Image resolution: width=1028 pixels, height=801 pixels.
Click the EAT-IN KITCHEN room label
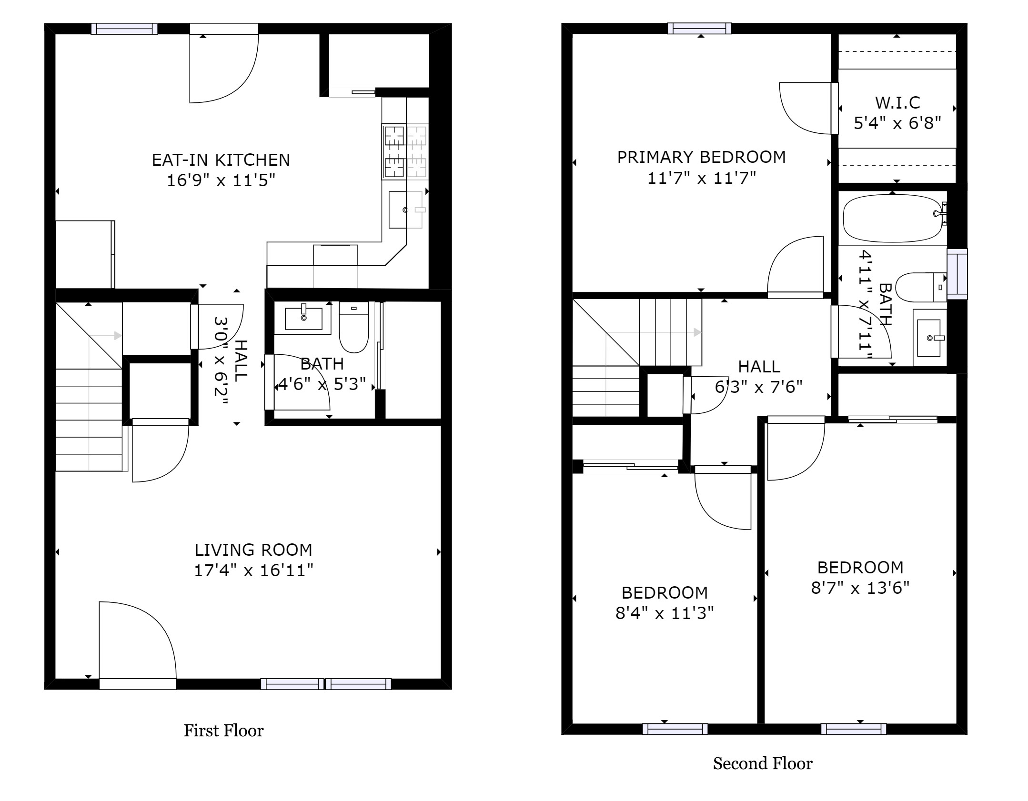(221, 160)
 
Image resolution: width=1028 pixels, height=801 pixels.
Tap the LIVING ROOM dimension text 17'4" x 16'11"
(253, 570)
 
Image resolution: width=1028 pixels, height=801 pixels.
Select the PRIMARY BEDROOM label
(701, 157)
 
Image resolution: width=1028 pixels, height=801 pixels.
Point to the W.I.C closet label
(897, 102)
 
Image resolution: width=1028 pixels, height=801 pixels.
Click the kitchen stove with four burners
(405, 151)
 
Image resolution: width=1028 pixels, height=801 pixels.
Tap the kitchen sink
(405, 210)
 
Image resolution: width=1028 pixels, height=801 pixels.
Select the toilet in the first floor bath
(354, 327)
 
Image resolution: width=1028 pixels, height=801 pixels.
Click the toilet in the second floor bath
(921, 287)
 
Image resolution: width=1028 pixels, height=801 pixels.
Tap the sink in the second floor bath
(929, 338)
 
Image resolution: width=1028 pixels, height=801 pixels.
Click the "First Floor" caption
(223, 731)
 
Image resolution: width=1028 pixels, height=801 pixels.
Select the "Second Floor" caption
(763, 764)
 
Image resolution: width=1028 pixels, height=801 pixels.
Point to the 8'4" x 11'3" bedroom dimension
(665, 613)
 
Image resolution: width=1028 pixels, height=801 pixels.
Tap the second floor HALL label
(759, 367)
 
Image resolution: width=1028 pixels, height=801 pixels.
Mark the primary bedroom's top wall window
(699, 29)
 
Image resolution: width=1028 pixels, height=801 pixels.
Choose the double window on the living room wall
(326, 684)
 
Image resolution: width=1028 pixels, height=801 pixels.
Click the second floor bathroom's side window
(957, 274)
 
